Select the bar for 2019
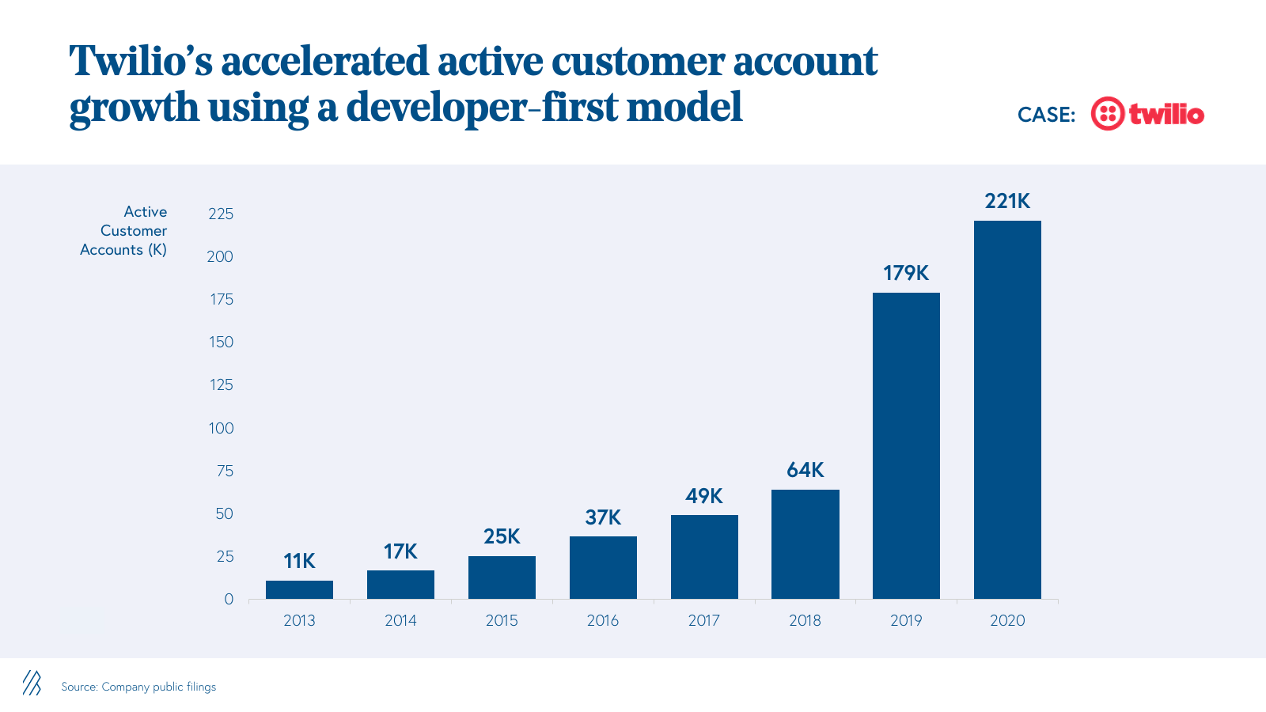point(906,445)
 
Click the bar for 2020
point(1007,409)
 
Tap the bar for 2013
point(299,589)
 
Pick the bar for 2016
point(603,567)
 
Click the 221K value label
point(1007,201)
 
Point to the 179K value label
point(906,273)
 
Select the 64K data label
point(805,470)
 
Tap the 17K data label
point(400,551)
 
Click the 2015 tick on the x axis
point(502,620)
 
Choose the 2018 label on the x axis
point(805,620)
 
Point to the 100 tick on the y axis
point(221,428)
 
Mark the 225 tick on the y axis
point(221,214)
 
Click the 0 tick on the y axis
point(229,599)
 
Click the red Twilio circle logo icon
point(1107,114)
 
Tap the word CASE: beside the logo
point(1046,115)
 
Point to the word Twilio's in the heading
point(141,62)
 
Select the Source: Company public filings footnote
point(138,687)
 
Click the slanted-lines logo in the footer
point(32,683)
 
